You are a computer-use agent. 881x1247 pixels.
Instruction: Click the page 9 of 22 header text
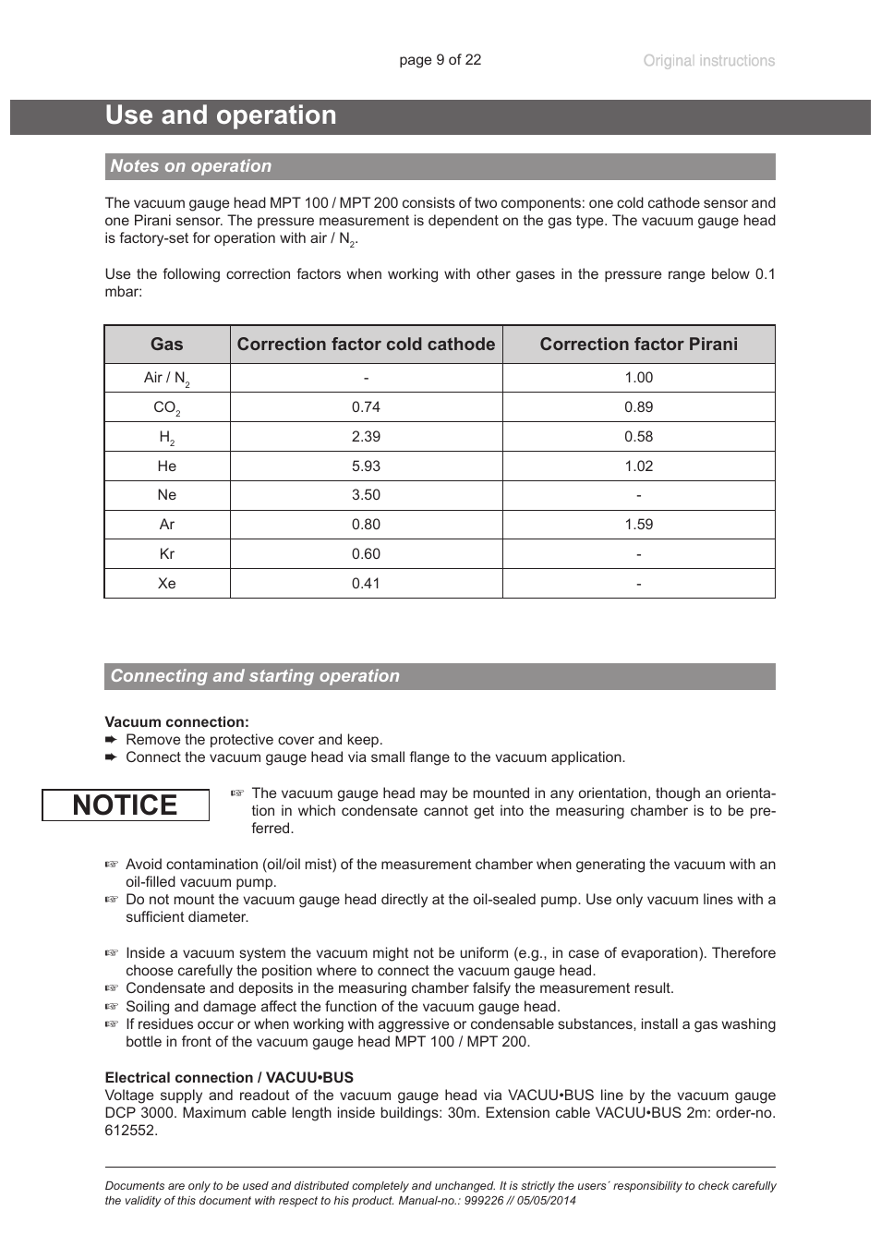[x=440, y=60]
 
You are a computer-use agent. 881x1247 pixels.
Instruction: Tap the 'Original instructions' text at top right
[x=708, y=61]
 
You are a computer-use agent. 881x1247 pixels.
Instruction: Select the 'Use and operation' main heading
[x=221, y=115]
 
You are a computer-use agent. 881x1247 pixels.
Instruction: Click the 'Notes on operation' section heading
[x=191, y=166]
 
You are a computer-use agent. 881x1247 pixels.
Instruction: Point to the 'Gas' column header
[x=166, y=345]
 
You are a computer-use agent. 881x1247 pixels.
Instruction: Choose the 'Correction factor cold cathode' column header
[x=366, y=345]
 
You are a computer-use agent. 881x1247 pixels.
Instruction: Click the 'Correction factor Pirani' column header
[x=638, y=345]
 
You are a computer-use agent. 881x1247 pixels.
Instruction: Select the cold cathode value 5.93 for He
[x=366, y=466]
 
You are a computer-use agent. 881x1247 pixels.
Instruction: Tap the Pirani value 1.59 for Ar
[x=638, y=525]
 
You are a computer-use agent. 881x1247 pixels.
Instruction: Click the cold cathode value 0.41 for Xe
[x=366, y=584]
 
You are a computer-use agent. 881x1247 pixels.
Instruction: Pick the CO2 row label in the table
[x=166, y=407]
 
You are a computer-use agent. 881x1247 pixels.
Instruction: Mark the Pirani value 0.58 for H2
[x=638, y=437]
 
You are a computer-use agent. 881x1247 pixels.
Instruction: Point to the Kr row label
[x=166, y=554]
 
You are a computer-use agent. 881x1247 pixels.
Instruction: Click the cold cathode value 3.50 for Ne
[x=366, y=495]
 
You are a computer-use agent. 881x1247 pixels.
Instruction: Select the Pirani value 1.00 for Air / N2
[x=638, y=378]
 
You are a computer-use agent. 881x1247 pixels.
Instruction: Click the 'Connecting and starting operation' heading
[x=255, y=676]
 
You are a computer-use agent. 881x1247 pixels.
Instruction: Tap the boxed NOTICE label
[x=125, y=805]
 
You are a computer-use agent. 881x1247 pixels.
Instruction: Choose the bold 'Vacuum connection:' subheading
[x=176, y=722]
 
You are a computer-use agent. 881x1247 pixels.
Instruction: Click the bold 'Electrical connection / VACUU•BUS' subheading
[x=229, y=1078]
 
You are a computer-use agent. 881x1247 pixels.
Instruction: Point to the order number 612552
[x=131, y=1131]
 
